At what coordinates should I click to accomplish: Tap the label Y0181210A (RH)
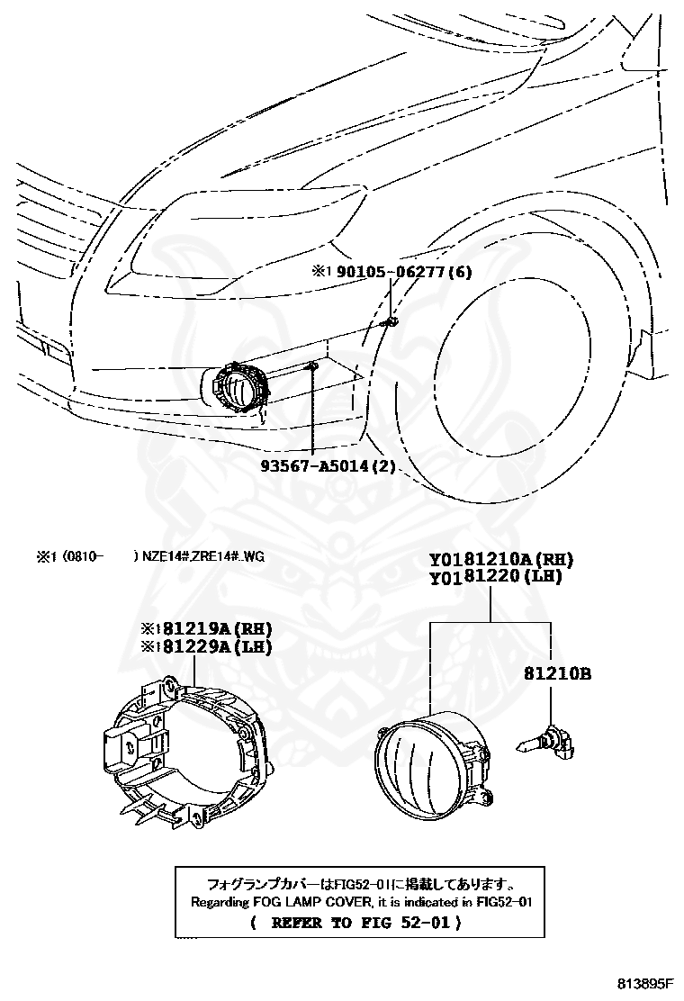click(501, 560)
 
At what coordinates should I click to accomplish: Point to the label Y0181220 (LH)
click(495, 577)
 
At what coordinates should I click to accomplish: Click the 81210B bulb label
click(558, 673)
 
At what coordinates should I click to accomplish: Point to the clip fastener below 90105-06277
click(391, 321)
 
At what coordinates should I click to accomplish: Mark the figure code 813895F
click(645, 982)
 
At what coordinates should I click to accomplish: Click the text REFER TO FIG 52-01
click(361, 923)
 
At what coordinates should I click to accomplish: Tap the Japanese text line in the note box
click(361, 884)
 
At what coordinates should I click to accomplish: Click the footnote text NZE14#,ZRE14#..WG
click(202, 556)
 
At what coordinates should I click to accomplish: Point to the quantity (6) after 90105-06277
click(459, 272)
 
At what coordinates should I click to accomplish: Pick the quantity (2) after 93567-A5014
click(383, 466)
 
